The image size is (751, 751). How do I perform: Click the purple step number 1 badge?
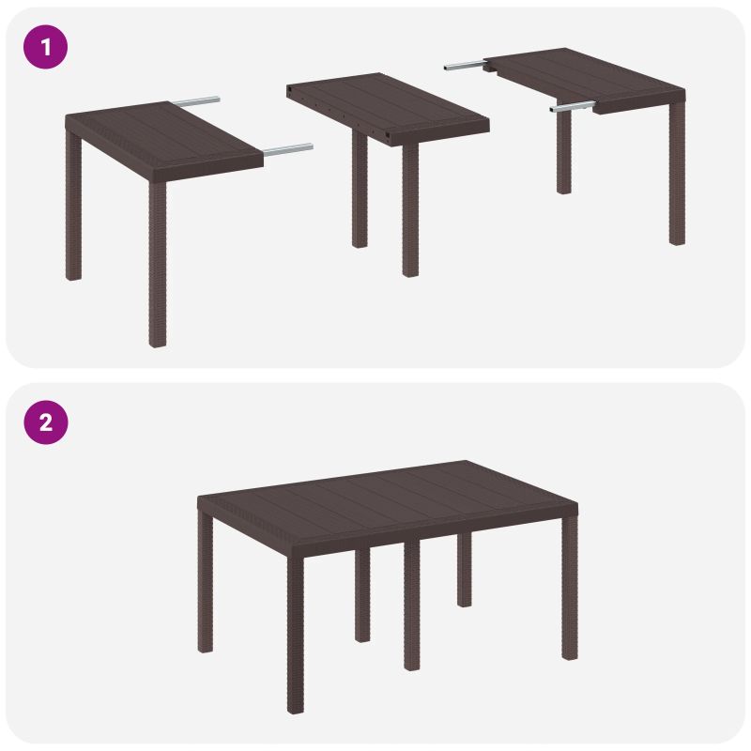45,46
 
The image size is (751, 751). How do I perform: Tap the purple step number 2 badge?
45,422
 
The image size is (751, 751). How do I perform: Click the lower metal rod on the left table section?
287,148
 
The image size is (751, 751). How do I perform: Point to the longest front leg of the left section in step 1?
158,263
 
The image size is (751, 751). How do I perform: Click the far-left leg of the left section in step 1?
74,216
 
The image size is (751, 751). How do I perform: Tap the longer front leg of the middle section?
410,211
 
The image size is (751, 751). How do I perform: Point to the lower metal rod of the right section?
574,107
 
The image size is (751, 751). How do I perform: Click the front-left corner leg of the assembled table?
295,629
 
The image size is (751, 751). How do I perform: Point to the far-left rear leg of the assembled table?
206,582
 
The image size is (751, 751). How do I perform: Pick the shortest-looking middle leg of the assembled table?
464,568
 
